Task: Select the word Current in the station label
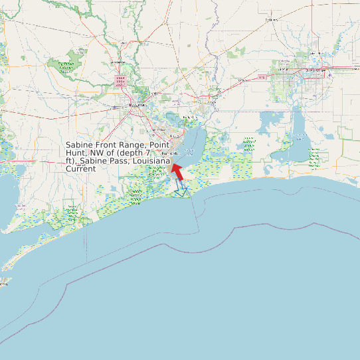pyautogui.click(x=81, y=169)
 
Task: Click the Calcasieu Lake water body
pyautogui.click(x=298, y=133)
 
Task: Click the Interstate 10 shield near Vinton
pyautogui.click(x=262, y=77)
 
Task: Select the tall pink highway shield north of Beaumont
pyautogui.click(x=121, y=82)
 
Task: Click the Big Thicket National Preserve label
pyautogui.click(x=66, y=66)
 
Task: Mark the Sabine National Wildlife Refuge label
pyautogui.click(x=249, y=145)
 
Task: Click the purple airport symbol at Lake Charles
pyautogui.click(x=329, y=74)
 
